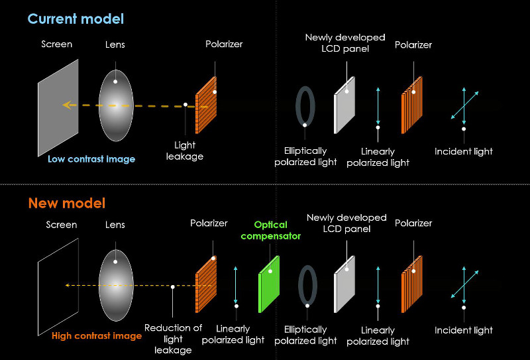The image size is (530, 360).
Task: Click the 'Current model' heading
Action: tap(76, 19)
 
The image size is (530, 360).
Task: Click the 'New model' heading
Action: tap(66, 203)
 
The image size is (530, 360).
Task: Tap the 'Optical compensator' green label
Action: tap(271, 231)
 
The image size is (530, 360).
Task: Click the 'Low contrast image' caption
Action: tap(91, 159)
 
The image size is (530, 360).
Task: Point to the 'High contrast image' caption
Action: tap(97, 336)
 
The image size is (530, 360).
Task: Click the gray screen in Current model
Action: tap(58, 107)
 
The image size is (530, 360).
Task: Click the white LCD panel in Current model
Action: tap(344, 104)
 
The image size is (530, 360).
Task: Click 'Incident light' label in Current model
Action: tap(464, 152)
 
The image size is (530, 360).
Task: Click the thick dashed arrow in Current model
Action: tap(132, 105)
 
